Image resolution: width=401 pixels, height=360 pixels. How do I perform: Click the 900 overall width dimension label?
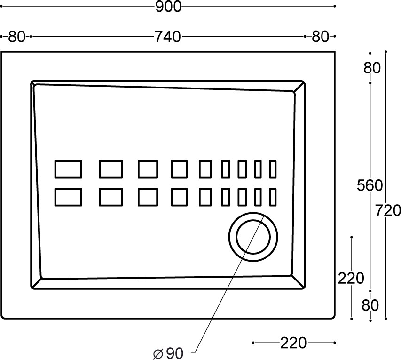(x=168, y=7)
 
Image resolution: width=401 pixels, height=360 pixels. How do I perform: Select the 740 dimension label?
(x=168, y=37)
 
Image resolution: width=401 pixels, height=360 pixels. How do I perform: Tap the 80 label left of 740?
(x=16, y=37)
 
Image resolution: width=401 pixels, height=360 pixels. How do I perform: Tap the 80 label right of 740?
(x=320, y=37)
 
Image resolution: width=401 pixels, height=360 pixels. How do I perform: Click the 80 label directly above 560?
(x=372, y=68)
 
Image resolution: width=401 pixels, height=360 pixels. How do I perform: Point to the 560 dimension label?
(x=370, y=185)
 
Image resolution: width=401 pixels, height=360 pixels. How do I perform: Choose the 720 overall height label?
(x=388, y=211)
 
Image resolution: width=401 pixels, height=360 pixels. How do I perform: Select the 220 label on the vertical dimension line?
(x=351, y=278)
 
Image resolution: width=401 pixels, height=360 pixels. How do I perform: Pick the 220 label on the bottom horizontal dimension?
(x=293, y=343)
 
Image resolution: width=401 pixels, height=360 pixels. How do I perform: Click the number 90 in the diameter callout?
(x=175, y=353)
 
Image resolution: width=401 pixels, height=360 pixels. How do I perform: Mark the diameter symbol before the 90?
(x=158, y=354)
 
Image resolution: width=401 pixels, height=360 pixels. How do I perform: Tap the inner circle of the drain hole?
(x=253, y=220)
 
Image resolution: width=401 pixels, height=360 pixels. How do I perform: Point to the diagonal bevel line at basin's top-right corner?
(x=299, y=87)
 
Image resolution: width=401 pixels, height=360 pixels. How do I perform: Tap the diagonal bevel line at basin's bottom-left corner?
(x=37, y=283)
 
